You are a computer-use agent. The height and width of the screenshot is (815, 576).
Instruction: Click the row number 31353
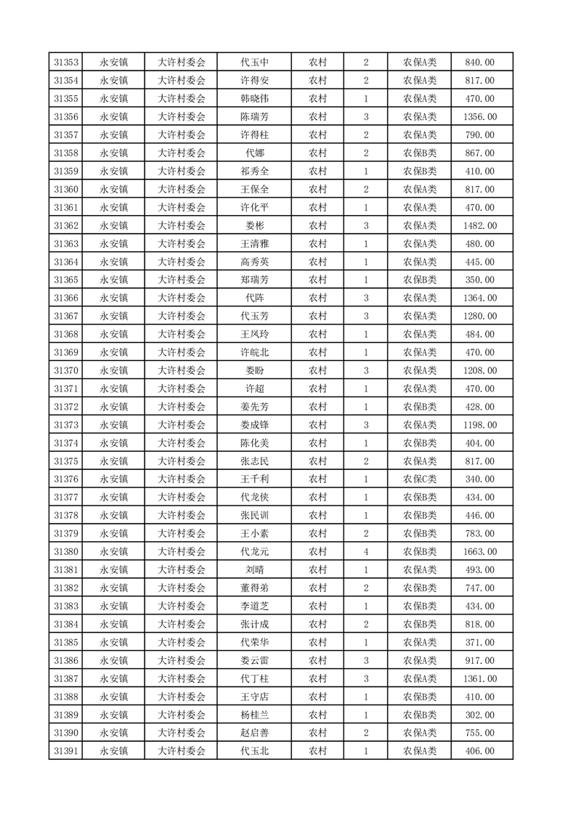click(66, 62)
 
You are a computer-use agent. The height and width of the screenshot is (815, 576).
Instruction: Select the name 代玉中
click(254, 62)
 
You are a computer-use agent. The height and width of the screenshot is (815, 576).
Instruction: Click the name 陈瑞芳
click(254, 117)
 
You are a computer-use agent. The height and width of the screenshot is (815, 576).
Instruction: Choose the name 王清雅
click(254, 244)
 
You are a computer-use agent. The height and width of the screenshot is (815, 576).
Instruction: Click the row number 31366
click(66, 298)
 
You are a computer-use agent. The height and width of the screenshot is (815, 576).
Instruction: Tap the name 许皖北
click(254, 352)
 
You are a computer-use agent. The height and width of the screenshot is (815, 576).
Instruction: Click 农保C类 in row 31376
click(420, 479)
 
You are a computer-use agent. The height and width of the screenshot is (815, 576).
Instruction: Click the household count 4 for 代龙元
click(365, 552)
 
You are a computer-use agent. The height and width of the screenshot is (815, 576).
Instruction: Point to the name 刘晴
click(254, 570)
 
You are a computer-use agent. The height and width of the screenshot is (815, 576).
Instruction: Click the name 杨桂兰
click(254, 715)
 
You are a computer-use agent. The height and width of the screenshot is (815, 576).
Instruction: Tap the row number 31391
click(66, 751)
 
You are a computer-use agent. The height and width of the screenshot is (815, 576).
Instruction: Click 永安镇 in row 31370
click(114, 370)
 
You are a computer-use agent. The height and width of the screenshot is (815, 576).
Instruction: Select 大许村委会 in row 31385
click(182, 642)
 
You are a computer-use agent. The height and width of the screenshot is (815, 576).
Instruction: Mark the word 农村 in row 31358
click(317, 153)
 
